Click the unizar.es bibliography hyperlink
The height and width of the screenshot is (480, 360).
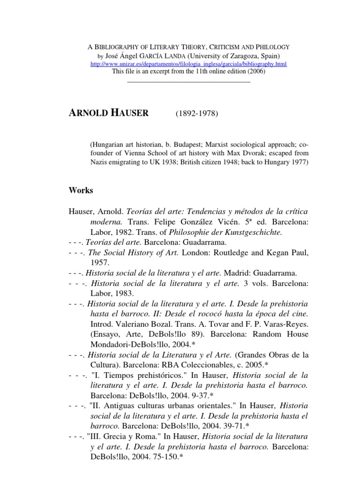(x=188, y=63)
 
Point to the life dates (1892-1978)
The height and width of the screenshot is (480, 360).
(x=197, y=114)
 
